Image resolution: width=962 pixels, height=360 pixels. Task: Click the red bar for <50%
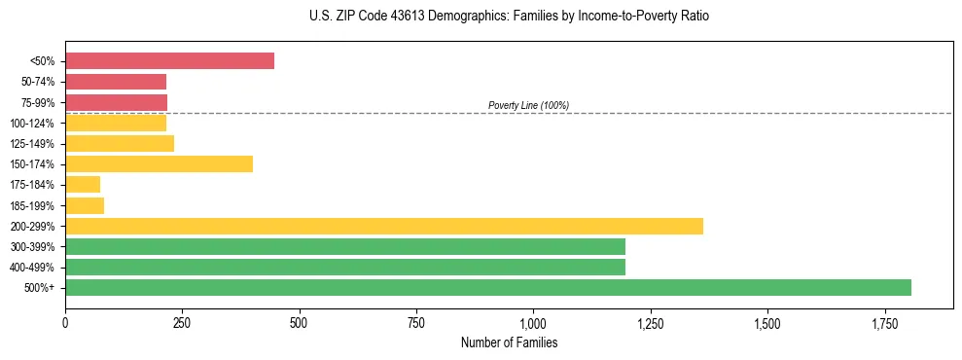(x=169, y=61)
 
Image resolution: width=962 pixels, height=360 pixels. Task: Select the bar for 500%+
(x=487, y=287)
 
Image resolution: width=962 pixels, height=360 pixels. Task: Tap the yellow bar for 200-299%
(x=383, y=226)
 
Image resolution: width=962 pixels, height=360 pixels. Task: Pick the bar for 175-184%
(x=83, y=185)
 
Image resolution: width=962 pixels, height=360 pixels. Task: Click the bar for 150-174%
(x=159, y=164)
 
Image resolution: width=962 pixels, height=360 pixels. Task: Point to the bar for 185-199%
(x=85, y=205)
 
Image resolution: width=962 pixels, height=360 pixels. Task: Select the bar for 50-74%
(x=116, y=82)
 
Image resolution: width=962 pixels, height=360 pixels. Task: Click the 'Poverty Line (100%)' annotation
(x=528, y=105)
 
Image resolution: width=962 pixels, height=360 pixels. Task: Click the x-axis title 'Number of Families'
(x=509, y=342)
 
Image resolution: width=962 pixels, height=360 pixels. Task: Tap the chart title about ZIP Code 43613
(x=481, y=17)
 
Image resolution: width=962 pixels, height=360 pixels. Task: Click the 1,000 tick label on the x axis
(x=533, y=322)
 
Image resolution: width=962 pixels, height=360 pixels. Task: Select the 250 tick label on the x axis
(x=182, y=322)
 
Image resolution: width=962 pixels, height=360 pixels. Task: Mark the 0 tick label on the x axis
(x=65, y=322)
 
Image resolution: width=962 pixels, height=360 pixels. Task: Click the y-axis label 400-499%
(x=32, y=268)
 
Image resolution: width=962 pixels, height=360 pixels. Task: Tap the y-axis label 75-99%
(x=37, y=103)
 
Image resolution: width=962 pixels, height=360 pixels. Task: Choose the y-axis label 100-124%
(x=32, y=124)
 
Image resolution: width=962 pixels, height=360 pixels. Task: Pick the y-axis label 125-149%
(x=32, y=144)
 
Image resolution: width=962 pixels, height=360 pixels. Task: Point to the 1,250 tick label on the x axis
(x=651, y=322)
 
